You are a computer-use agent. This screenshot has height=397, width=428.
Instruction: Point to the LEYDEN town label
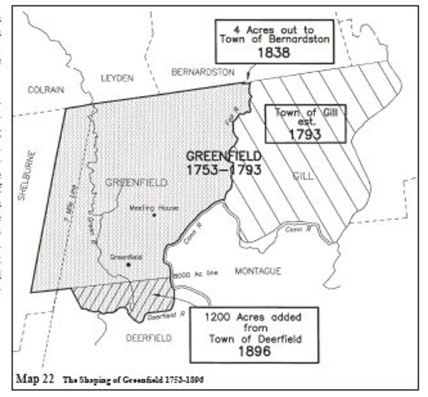117,78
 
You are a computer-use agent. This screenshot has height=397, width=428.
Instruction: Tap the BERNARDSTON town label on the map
203,71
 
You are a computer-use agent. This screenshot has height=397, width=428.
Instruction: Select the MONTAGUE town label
258,271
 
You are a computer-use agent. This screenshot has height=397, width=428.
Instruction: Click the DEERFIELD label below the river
148,338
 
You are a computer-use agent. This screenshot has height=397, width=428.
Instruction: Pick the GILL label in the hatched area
303,176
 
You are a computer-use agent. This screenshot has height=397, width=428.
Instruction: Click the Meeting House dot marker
154,215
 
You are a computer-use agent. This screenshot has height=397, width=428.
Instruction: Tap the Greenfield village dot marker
128,264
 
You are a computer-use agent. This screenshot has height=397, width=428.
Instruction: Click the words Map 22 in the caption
36,378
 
